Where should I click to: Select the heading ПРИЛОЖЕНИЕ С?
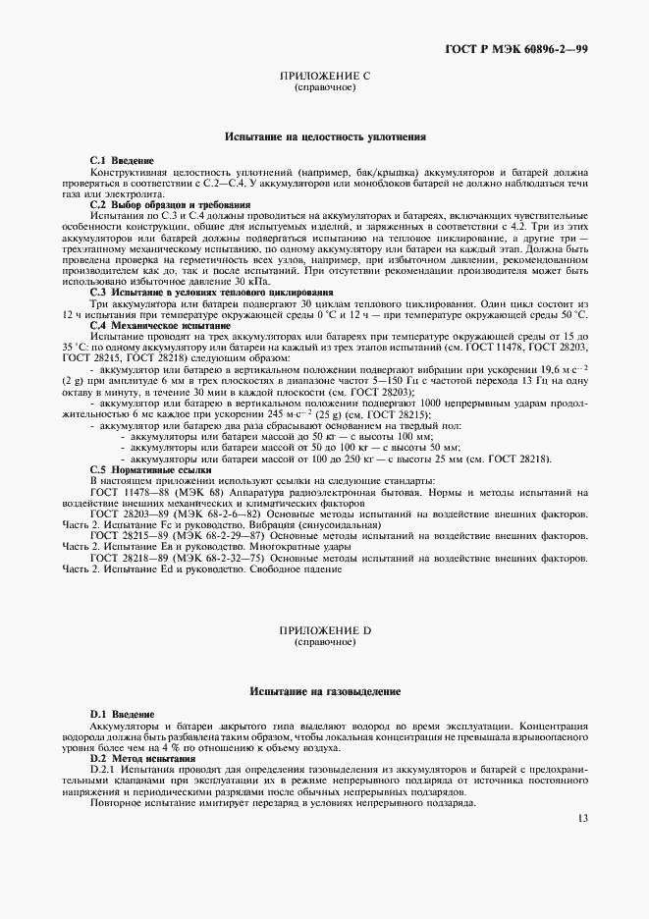point(324,77)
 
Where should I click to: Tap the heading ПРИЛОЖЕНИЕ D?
point(324,630)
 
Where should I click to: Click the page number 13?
point(582,818)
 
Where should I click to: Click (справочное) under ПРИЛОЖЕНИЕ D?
point(324,641)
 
